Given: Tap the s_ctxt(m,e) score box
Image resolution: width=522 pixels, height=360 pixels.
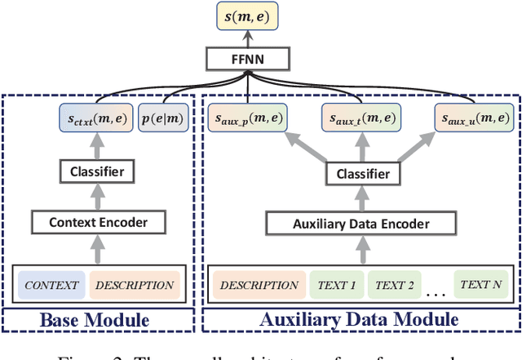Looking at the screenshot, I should coord(95,120).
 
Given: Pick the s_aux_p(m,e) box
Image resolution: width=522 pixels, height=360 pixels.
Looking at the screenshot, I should coord(246,120).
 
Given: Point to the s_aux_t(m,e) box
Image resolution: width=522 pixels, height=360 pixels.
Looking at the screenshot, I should coord(360,120).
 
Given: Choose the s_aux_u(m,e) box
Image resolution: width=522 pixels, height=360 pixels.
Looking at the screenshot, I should coord(473,120).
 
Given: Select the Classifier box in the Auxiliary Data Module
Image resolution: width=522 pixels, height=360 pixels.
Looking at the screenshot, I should coord(360,174).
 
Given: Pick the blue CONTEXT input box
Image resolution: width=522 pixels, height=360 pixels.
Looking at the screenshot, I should coord(51,285).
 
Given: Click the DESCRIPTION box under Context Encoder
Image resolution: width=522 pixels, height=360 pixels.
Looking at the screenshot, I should coord(133,285).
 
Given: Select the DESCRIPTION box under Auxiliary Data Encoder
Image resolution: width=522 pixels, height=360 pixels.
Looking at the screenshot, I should coord(259,285).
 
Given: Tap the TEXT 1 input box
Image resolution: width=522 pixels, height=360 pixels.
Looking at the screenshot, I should coord(335,285).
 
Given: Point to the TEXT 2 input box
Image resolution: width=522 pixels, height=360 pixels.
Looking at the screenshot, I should coord(395,285).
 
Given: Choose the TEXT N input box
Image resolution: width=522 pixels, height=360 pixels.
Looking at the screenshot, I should coord(481,285).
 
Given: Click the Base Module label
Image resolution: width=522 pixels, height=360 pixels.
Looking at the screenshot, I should coord(95,321).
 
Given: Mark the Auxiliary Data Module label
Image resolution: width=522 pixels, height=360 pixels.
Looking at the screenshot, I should coord(359,321).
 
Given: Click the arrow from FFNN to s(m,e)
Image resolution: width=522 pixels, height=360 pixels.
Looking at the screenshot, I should coord(250,39).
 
